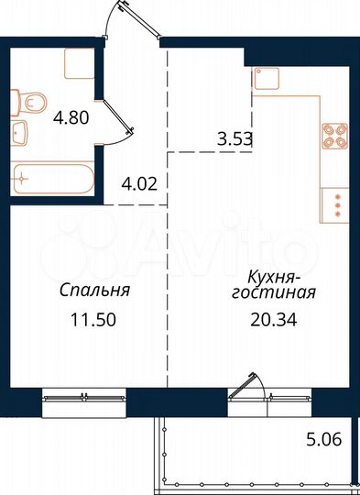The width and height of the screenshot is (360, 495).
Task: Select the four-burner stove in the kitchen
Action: click(333, 136)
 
